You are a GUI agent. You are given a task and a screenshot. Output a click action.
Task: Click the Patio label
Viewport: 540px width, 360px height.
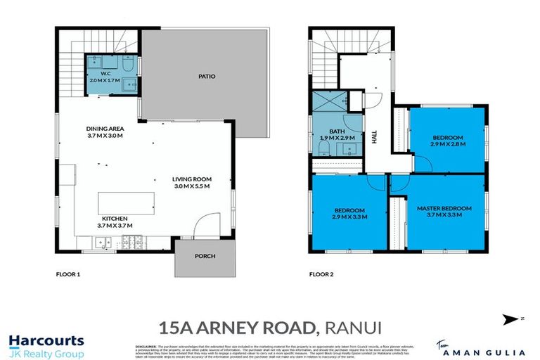206,77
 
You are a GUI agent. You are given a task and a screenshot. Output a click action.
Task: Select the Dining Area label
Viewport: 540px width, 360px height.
104,129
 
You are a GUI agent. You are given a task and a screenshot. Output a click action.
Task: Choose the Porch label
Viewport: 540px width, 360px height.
205,257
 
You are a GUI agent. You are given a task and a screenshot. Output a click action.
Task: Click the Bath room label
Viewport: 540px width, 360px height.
336,131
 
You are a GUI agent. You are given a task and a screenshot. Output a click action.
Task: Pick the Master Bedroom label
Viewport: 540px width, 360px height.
444,209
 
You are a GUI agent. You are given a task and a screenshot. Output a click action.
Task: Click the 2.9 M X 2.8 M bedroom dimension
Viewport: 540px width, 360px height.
447,144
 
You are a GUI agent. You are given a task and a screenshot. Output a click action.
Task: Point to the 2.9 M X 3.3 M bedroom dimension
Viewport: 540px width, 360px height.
349,217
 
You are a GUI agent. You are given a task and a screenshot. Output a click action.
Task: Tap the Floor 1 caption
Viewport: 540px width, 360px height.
68,274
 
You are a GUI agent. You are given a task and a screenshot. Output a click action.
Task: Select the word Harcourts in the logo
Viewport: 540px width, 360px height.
46,341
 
